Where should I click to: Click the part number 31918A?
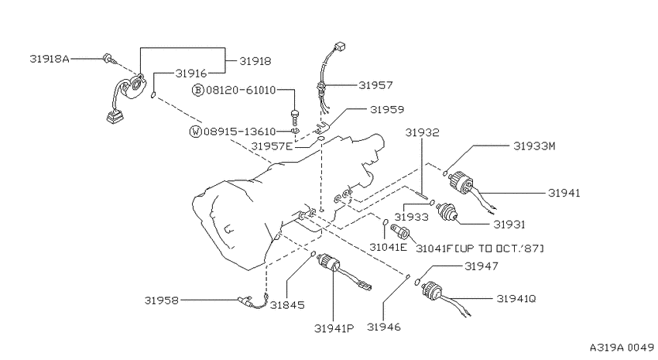(49, 58)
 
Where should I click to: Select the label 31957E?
(272, 146)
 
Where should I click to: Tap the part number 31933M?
(534, 146)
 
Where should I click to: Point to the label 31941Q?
(516, 299)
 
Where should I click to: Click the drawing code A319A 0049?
(622, 348)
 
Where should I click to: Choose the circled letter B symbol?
(198, 91)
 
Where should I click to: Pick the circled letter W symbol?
(196, 132)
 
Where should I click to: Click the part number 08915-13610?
(240, 132)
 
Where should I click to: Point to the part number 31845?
(287, 306)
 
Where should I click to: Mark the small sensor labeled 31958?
(252, 301)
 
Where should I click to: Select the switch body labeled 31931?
(447, 211)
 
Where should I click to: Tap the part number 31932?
(422, 132)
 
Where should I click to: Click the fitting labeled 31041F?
(399, 231)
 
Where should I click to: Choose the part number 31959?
(387, 110)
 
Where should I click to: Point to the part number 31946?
(383, 327)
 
